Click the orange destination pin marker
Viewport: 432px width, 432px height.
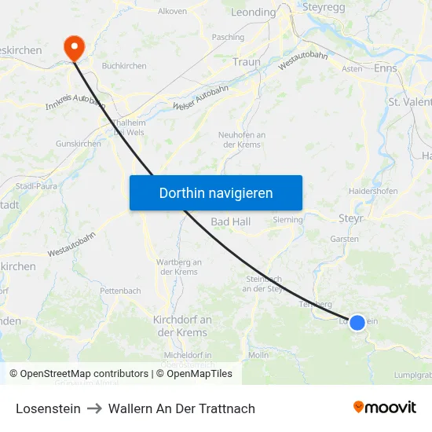[75, 47]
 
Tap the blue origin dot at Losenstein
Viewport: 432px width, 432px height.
[357, 322]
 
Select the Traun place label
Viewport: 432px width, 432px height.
[246, 62]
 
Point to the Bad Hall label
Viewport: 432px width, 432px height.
[230, 222]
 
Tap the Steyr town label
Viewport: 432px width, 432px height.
[350, 218]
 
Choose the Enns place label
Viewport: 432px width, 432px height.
[386, 69]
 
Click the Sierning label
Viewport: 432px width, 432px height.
[287, 220]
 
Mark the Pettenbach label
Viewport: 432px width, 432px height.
[120, 291]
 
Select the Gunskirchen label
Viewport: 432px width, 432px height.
[78, 144]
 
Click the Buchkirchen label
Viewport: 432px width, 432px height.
[124, 66]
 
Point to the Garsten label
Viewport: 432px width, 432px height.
[345, 239]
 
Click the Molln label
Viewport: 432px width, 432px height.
[258, 355]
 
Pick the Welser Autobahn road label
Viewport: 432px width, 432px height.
[195, 101]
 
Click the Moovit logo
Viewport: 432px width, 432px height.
[384, 407]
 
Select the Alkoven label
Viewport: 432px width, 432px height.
[172, 12]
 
